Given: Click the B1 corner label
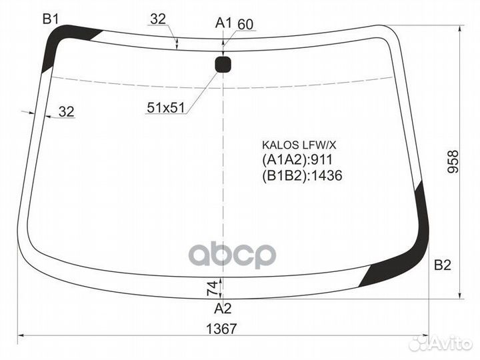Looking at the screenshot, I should click(x=51, y=19).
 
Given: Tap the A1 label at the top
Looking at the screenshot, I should click(x=223, y=23).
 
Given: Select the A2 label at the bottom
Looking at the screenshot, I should click(x=223, y=308).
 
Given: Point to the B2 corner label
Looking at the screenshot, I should click(x=443, y=265).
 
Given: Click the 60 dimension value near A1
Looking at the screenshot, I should click(x=245, y=24).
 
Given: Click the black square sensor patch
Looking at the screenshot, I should click(x=223, y=64).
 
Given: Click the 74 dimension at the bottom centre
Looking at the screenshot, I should click(x=212, y=288).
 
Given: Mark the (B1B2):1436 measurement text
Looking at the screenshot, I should click(x=302, y=175).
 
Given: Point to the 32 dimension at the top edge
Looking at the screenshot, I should click(x=157, y=19).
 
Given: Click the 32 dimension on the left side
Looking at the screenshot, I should click(x=66, y=112).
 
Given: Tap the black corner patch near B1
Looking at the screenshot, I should click(x=63, y=44).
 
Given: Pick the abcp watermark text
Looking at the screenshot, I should click(x=233, y=255).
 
